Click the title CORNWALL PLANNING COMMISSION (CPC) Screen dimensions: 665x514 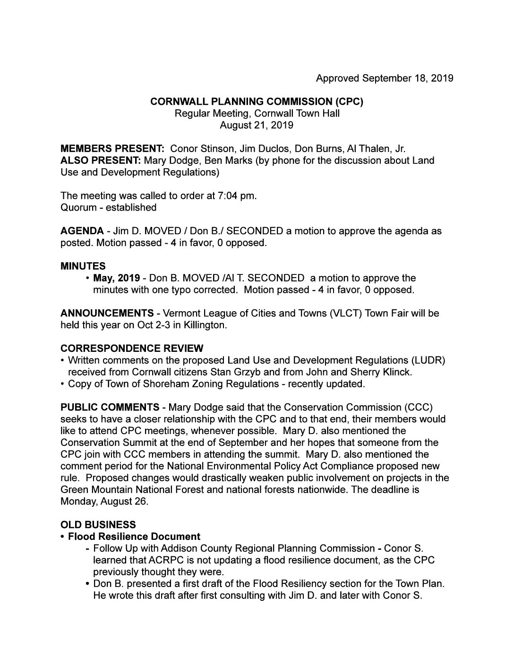coord(257,102)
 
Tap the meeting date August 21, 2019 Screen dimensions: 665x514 coord(257,125)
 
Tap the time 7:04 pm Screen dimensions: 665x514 coord(236,196)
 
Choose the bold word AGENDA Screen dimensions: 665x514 coord(82,231)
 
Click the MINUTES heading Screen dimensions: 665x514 coord(83,266)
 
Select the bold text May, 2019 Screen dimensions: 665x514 coord(116,278)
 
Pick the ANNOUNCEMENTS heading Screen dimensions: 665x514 coord(107,313)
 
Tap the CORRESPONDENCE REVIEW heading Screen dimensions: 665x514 coord(132,349)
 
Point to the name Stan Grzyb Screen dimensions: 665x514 coord(223,372)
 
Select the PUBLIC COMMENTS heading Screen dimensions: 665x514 coord(110,407)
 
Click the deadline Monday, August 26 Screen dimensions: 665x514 coord(104,501)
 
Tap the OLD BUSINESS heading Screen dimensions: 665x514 coord(98,525)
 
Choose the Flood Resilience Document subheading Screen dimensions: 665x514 coord(134,537)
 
